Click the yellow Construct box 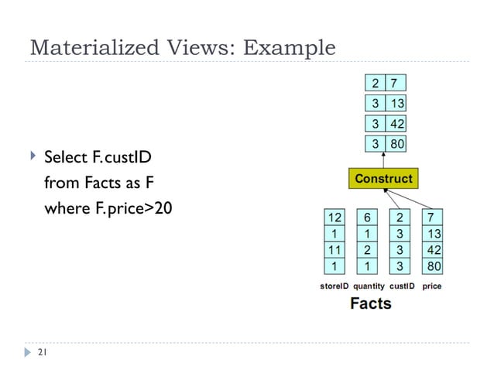[x=383, y=179]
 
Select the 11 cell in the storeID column [x=334, y=250]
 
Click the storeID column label [x=339, y=286]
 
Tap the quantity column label [x=369, y=286]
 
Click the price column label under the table [x=432, y=286]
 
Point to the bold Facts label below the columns [x=370, y=303]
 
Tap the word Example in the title [x=289, y=48]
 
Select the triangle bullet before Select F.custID [x=32, y=158]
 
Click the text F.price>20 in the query [x=125, y=208]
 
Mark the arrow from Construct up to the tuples [x=384, y=159]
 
